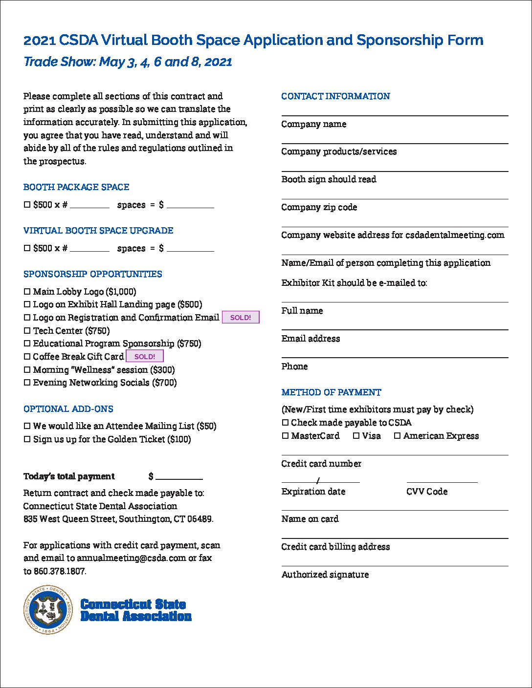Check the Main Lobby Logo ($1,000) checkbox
coord(27,292)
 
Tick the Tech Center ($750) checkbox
coord(27,331)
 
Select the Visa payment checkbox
coord(356,435)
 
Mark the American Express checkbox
coord(397,435)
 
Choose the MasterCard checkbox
coord(285,435)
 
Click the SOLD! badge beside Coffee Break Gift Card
coord(145,357)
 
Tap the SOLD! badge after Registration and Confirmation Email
coord(241,318)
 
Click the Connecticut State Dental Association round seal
coord(48,610)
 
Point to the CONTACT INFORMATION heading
coord(335,96)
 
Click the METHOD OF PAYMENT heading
coord(331,392)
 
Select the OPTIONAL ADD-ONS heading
coord(68,409)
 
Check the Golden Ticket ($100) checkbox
coord(27,439)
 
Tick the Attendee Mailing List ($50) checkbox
coord(27,426)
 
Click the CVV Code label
coord(427,492)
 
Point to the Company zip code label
coord(319,207)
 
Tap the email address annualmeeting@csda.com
coord(131,558)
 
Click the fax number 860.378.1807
coord(60,571)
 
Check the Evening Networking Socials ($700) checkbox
coord(27,383)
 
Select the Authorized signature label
coord(325,575)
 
